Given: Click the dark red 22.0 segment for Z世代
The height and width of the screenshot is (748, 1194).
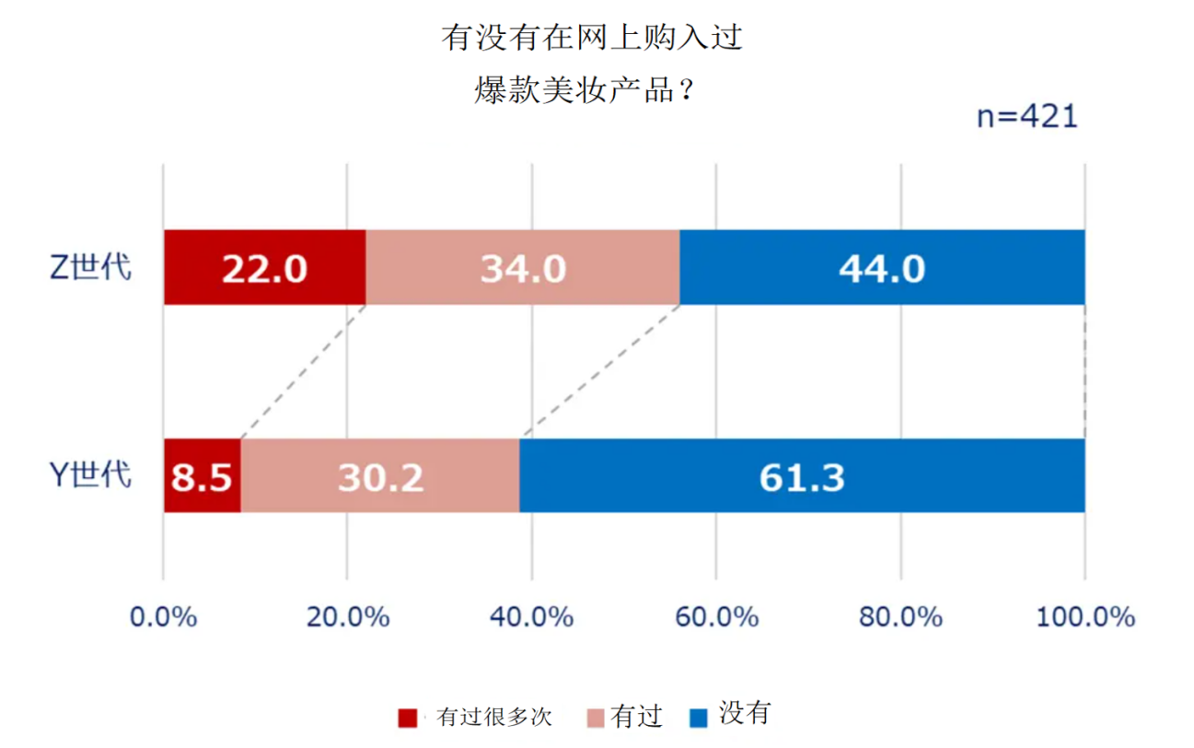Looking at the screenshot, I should coord(264,267).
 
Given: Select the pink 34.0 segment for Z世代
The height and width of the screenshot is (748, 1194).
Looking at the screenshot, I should coord(522,267).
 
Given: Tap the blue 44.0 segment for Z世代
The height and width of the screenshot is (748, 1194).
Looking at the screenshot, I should coord(881,267).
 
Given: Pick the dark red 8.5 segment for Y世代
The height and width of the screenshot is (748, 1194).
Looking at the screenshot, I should coord(202,476).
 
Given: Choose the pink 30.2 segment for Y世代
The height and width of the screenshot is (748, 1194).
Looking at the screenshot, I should coord(380,476).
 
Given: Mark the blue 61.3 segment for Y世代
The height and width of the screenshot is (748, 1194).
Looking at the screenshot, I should coord(802,476).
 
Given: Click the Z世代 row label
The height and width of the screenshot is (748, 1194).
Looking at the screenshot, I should coord(89,267).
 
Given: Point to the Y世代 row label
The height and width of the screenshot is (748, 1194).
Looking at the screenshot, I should coord(89,475).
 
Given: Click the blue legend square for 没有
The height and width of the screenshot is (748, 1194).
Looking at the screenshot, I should coord(699,717).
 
